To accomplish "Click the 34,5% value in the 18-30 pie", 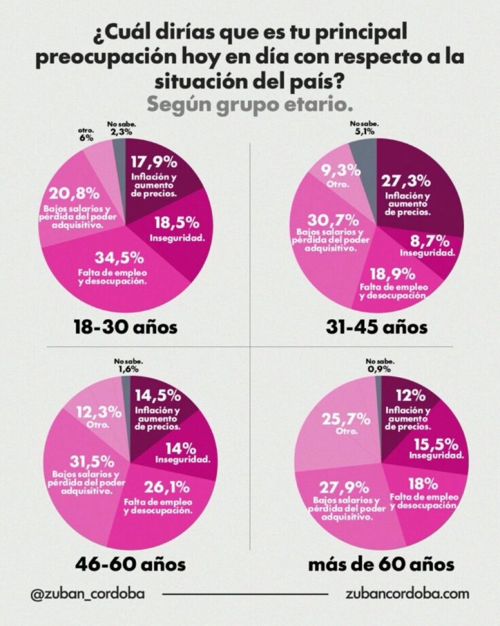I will tap(119, 258).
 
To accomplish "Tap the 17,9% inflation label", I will tap(154, 163).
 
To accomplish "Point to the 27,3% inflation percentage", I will tap(408, 182).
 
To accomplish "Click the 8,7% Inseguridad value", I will tap(425, 240).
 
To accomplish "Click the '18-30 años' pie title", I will tap(125, 327).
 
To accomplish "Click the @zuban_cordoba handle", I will tap(88, 593).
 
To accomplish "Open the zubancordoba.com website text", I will tap(407, 593).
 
